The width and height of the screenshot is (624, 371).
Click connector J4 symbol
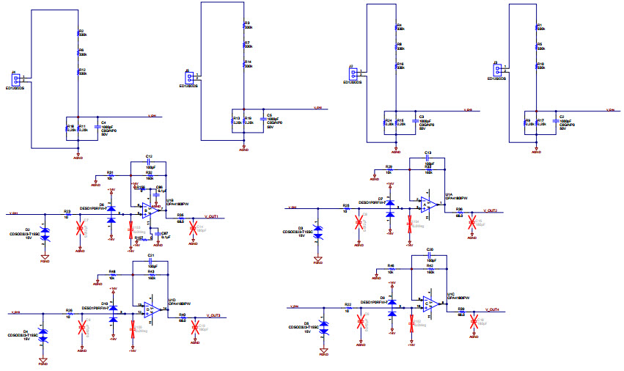point(17,78)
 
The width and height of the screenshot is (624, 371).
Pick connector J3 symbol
point(498,70)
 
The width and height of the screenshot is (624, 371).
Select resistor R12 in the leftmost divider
point(78,73)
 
